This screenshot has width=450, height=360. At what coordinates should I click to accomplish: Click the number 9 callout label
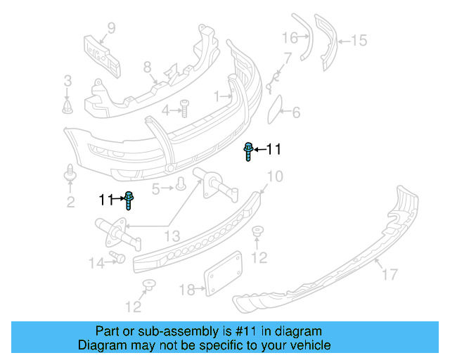click(110, 29)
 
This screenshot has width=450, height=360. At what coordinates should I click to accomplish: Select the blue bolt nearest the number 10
click(249, 151)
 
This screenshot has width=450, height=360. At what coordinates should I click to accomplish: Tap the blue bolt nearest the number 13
click(129, 200)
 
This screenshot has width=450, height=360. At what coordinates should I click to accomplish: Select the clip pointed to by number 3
click(67, 106)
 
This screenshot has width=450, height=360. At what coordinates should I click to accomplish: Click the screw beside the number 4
click(185, 108)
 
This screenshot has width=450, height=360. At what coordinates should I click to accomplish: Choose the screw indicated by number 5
click(181, 184)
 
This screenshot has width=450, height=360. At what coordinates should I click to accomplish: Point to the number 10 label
click(275, 176)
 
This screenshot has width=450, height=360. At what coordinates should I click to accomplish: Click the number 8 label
click(147, 67)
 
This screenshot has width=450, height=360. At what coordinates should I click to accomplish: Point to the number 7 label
click(288, 57)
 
